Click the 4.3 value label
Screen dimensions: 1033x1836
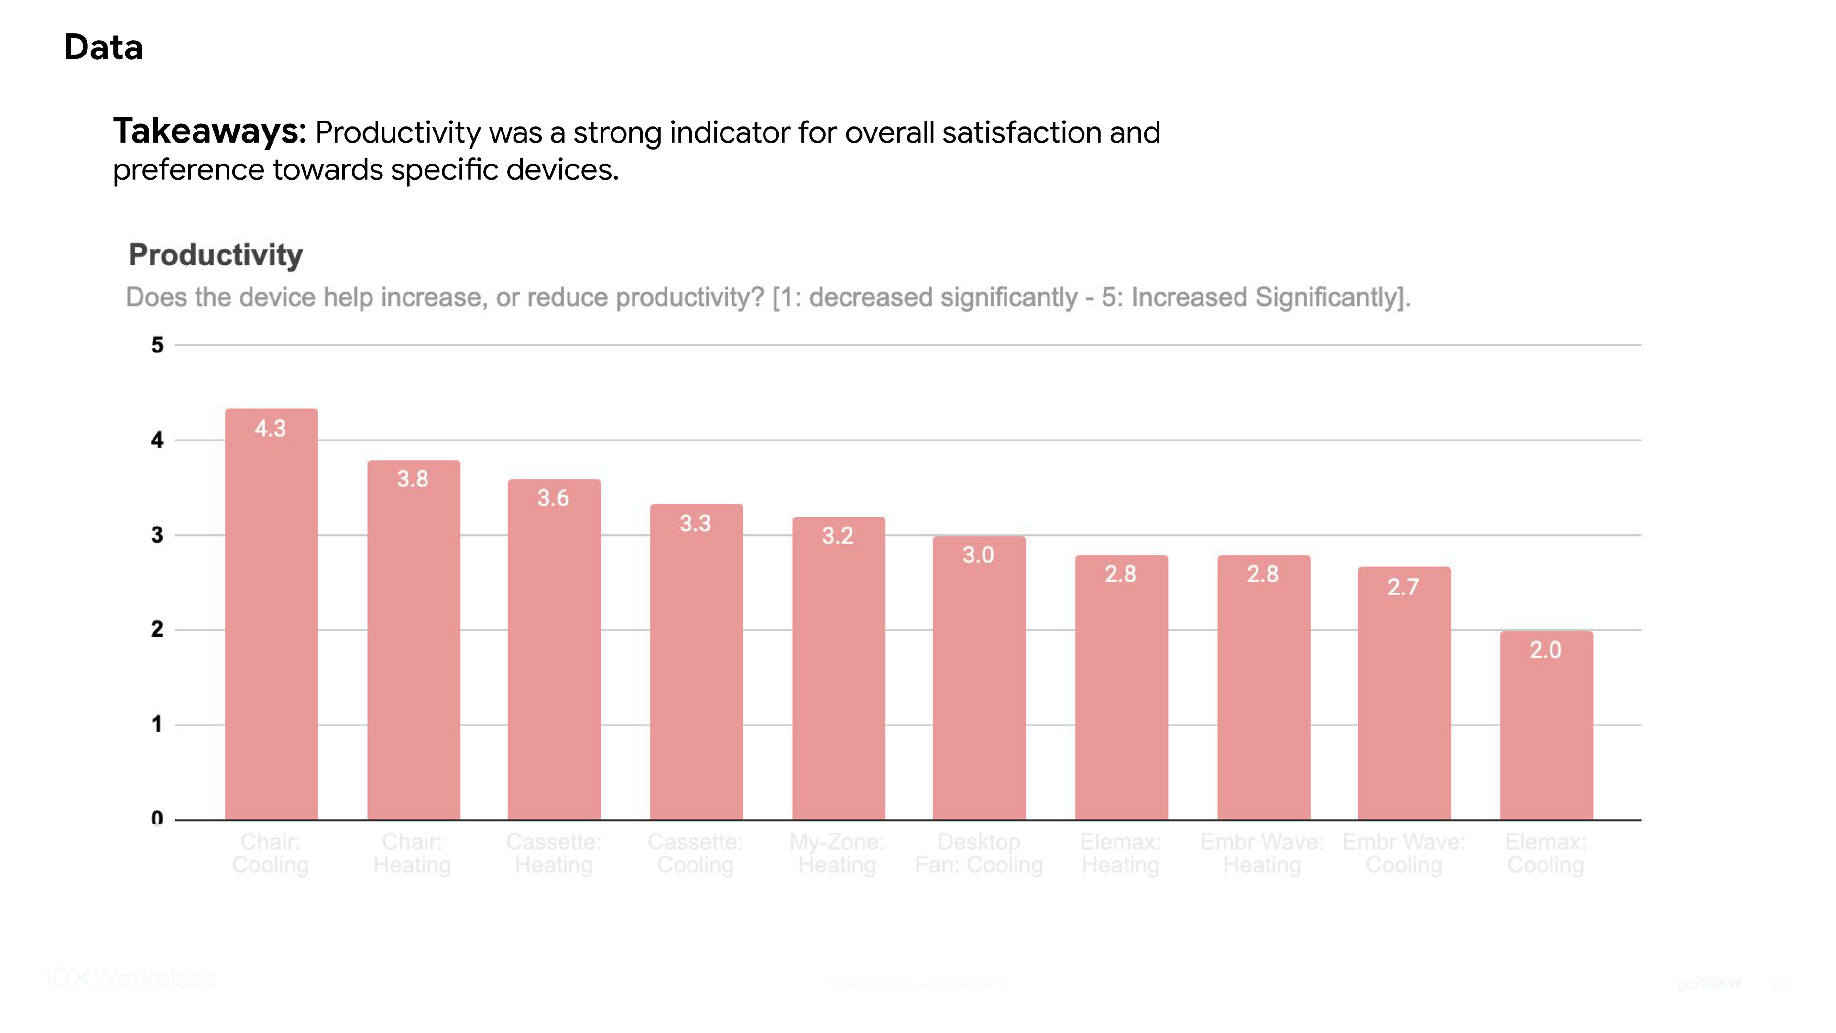[270, 429]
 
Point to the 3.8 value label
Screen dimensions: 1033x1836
[413, 478]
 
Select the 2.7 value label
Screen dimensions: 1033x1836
[1403, 587]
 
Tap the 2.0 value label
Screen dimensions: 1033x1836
[1545, 649]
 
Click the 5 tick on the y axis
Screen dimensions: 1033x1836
[157, 345]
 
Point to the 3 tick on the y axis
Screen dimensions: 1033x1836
[157, 535]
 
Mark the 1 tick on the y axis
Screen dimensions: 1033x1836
[157, 725]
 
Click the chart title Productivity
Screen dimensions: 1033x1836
[215, 255]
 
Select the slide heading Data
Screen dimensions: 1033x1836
[103, 48]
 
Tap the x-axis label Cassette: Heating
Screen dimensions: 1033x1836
[554, 853]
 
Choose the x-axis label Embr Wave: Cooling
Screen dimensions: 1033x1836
[1403, 853]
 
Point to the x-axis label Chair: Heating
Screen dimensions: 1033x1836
[412, 853]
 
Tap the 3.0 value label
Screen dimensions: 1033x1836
[978, 555]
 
